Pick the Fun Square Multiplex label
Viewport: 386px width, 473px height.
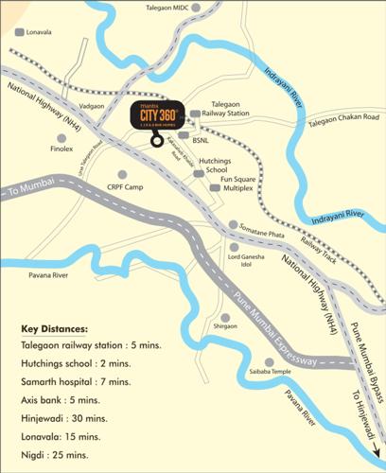pyautogui.click(x=239, y=184)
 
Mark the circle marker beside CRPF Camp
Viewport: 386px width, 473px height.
pyautogui.click(x=122, y=174)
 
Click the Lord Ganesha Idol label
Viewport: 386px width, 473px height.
pyautogui.click(x=247, y=261)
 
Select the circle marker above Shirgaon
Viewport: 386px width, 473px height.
pyautogui.click(x=225, y=317)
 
